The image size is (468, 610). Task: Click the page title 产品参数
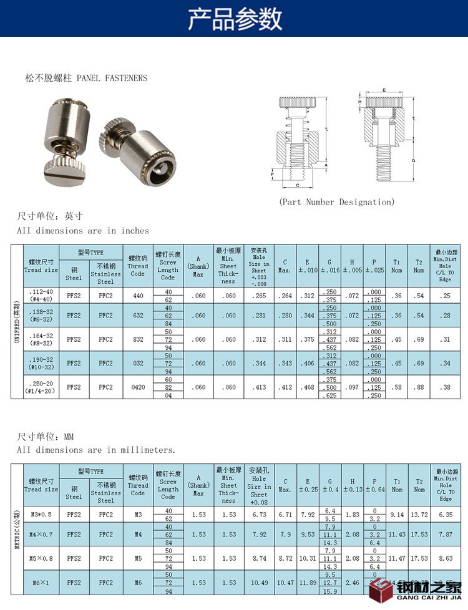coord(234,19)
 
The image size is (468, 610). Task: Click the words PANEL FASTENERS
coord(112,78)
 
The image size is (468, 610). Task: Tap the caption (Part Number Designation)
coord(337,201)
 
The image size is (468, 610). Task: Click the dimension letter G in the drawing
coord(414,160)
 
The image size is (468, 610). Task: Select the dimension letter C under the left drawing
coord(298,185)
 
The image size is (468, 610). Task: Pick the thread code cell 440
coord(137,296)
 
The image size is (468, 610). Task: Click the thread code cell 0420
coord(137,387)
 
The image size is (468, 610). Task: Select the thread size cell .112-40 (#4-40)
coord(41,296)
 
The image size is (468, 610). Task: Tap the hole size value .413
coord(258,387)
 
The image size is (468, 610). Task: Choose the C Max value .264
coord(285,296)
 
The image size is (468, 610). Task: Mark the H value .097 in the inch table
coord(352,387)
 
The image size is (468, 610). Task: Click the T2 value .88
coord(419,387)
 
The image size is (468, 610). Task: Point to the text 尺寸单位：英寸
coord(49,216)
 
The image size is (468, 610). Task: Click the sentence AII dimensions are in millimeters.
coord(96,449)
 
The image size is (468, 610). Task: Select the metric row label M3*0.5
coord(41,515)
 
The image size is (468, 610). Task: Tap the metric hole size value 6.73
coord(258,515)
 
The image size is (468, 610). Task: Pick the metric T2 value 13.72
coord(419,515)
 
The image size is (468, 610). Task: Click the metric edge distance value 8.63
coord(444,559)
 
